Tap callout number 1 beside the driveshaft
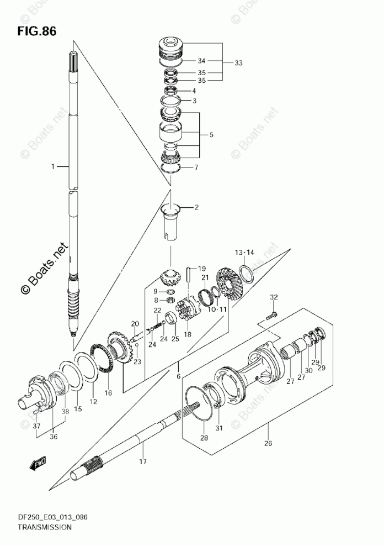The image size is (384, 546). coord(53,166)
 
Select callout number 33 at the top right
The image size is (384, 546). coord(238,63)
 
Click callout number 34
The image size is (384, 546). coord(201,61)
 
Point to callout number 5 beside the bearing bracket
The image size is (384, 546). coord(211,134)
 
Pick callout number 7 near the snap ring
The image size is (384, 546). coord(195,167)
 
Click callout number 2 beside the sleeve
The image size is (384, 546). coord(196,208)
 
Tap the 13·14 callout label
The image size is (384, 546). coord(244,252)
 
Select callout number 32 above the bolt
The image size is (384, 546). coord(273,297)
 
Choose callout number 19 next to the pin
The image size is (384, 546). coord(202,268)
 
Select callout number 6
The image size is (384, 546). coord(178,376)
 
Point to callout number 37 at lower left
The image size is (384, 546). coord(36,426)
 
